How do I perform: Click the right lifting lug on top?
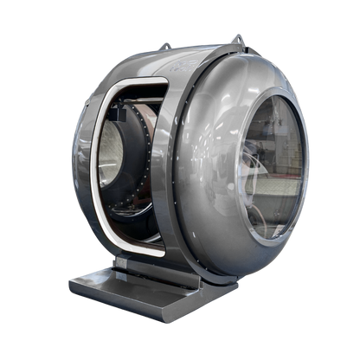(x=236, y=38)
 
